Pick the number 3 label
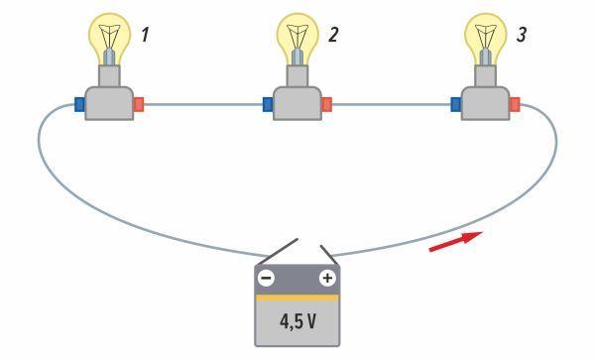coord(523,36)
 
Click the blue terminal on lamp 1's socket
coord(78,101)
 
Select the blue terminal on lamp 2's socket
coord(269,101)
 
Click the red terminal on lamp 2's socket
coord(326,101)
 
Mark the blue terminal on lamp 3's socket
coord(456,101)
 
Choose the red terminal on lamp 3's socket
coord(514,101)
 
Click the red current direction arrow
coord(455,242)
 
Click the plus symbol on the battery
coord(325,278)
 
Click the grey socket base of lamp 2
coord(297,102)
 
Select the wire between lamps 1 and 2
coord(203,101)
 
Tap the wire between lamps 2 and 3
coord(392,101)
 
